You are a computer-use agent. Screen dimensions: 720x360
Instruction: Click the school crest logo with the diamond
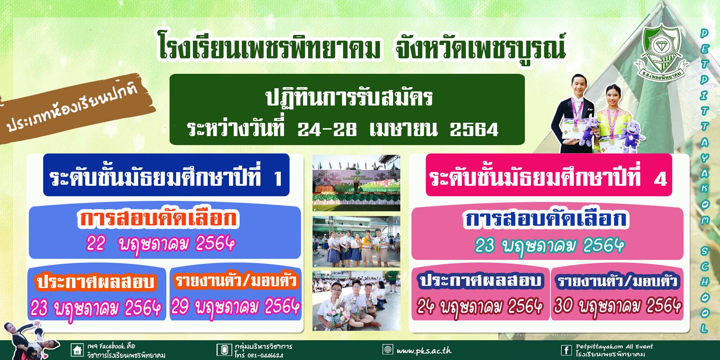pyautogui.click(x=662, y=52)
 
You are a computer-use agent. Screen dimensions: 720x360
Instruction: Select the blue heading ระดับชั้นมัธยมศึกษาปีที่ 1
pyautogui.click(x=166, y=175)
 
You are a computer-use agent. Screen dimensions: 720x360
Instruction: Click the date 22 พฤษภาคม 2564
pyautogui.click(x=161, y=244)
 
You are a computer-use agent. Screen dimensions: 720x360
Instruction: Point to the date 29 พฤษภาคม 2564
pyautogui.click(x=235, y=307)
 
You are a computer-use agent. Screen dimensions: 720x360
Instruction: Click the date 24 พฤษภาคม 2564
pyautogui.click(x=480, y=307)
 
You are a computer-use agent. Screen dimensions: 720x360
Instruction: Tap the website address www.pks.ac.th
pyautogui.click(x=424, y=350)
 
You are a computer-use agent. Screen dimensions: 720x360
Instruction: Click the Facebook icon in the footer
pyautogui.click(x=566, y=350)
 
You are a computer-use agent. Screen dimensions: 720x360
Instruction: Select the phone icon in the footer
pyautogui.click(x=224, y=350)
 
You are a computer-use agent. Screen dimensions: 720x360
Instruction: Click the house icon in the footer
pyautogui.click(x=77, y=350)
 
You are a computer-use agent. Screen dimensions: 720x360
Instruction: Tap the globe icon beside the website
pyautogui.click(x=388, y=349)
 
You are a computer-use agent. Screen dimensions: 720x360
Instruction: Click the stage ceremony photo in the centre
pyautogui.click(x=356, y=183)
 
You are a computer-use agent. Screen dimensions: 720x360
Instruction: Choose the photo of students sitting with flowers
pyautogui.click(x=356, y=301)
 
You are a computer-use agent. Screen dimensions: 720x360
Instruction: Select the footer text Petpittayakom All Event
pyautogui.click(x=614, y=346)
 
